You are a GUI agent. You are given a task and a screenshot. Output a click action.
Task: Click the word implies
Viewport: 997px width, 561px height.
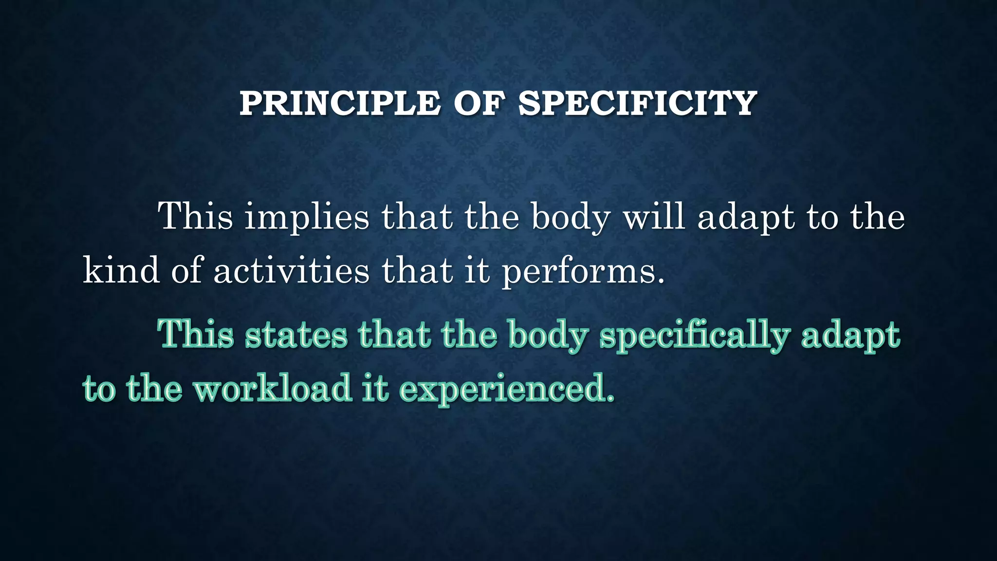pos(307,217)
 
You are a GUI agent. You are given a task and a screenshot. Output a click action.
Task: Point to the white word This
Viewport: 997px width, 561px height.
pos(196,216)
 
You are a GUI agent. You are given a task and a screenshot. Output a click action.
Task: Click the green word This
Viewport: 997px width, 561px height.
pos(196,334)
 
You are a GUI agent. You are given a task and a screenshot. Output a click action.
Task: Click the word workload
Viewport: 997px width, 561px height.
pos(273,389)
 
